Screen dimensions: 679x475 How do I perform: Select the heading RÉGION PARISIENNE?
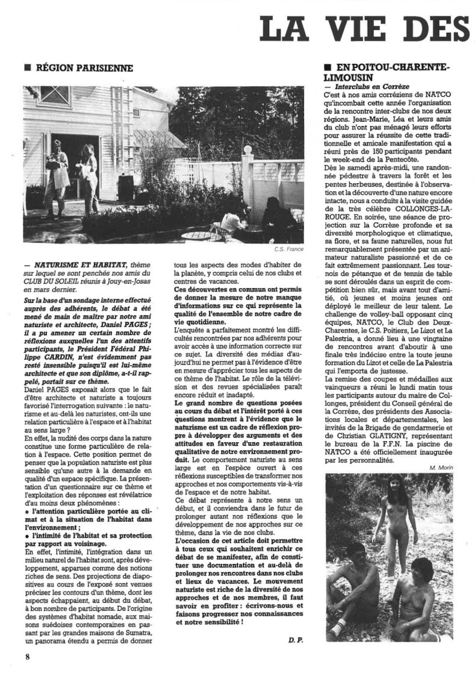pos(84,69)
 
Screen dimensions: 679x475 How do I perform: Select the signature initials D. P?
pos(295,641)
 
